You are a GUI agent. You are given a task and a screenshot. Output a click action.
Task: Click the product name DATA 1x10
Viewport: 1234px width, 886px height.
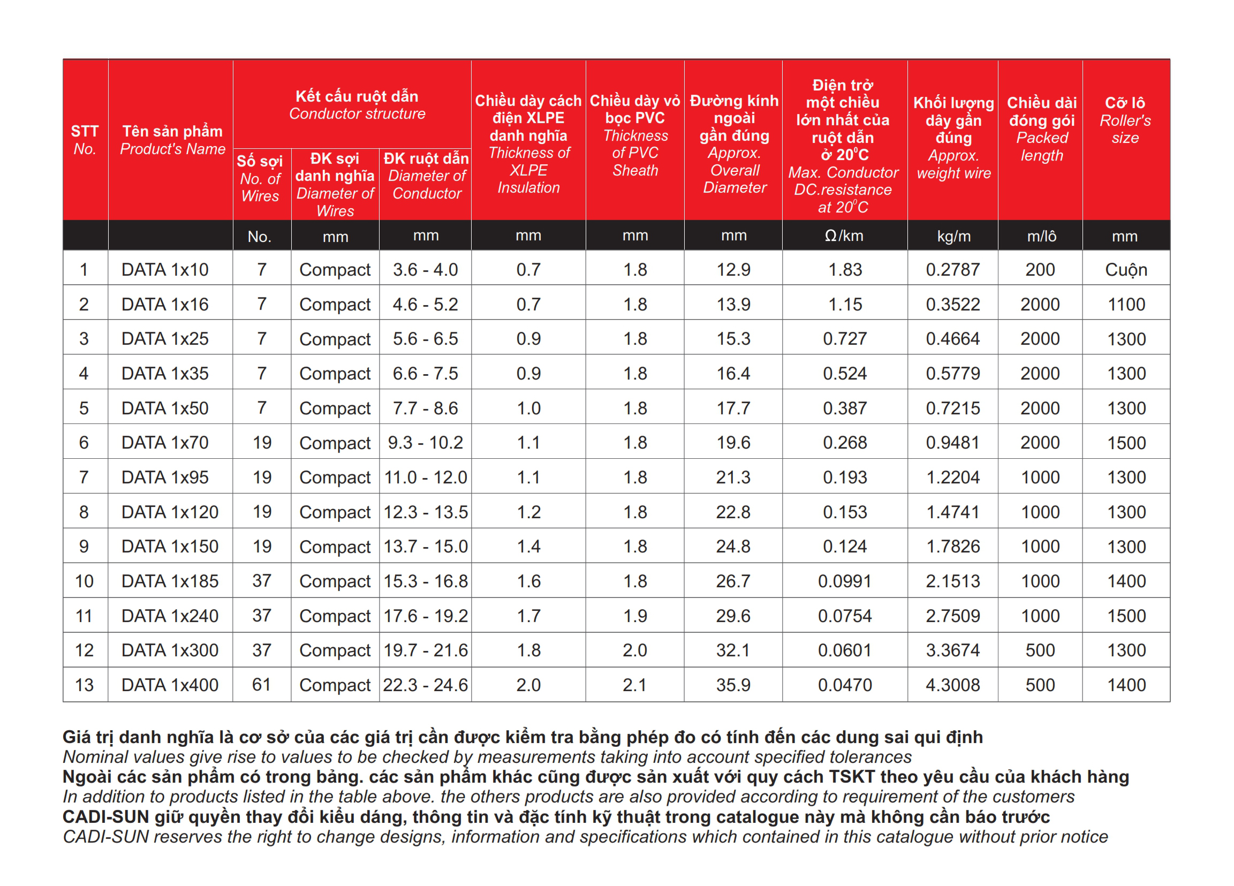(x=165, y=269)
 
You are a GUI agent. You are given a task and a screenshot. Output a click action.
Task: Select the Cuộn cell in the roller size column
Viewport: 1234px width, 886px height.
(x=1126, y=269)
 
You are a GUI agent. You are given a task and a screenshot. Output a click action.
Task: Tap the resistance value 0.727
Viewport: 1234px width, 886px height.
(x=844, y=338)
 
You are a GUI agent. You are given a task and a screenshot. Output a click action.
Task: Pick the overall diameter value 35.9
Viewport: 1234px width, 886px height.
(x=733, y=685)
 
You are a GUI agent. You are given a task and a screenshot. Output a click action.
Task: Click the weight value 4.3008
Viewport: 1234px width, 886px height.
(x=953, y=685)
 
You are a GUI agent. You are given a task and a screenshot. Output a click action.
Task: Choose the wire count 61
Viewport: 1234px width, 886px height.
(x=261, y=685)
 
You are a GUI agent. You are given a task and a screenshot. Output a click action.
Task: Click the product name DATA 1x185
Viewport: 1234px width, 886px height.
(x=170, y=581)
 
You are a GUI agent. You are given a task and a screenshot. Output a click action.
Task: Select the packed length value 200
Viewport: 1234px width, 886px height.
(x=1040, y=269)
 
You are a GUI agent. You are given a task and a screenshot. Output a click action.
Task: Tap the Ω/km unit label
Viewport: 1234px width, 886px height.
(x=844, y=236)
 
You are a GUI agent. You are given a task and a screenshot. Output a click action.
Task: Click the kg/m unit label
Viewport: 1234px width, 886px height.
(x=953, y=236)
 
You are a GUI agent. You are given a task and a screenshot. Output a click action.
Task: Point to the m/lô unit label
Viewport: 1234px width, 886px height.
(x=1041, y=236)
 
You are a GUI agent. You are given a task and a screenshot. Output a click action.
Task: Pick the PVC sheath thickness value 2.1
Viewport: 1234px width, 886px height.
(x=635, y=685)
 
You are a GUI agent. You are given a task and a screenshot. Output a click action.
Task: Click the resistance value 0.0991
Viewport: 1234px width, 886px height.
(x=844, y=581)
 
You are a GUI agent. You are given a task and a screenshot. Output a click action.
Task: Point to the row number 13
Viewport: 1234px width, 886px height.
(x=85, y=685)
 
